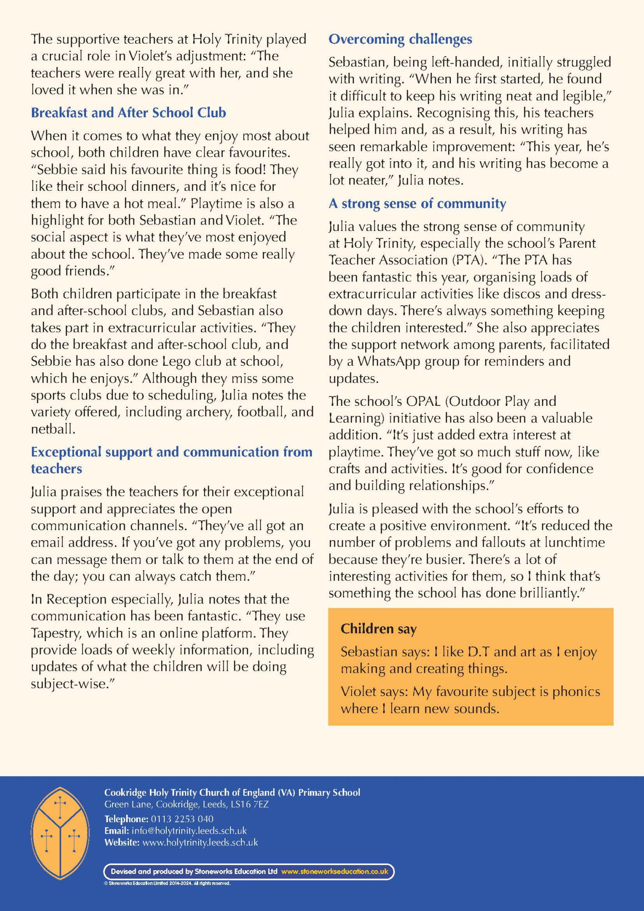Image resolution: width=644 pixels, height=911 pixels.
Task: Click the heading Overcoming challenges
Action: pos(400,40)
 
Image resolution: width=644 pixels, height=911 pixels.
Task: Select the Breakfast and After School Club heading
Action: pos(128,113)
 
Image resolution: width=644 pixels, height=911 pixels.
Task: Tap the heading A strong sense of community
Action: pos(417,204)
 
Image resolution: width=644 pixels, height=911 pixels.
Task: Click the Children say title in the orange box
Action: pos(378,629)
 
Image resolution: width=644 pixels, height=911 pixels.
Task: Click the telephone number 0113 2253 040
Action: pos(182,819)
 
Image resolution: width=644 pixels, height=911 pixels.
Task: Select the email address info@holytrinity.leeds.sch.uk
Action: pos(189,831)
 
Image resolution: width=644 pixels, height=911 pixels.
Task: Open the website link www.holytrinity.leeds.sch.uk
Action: pos(200,843)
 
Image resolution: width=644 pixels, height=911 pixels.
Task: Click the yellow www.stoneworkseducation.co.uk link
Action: pos(335,872)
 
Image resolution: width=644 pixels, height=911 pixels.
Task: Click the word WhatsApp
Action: pos(389,362)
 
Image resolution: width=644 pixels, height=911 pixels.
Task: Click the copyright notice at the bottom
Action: pos(167,883)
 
